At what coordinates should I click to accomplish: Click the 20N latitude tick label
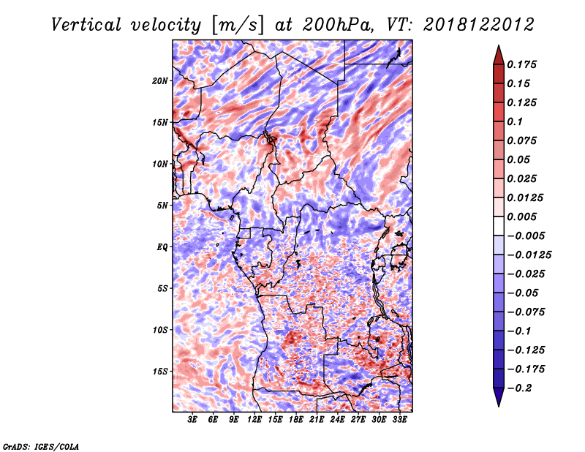pyautogui.click(x=160, y=81)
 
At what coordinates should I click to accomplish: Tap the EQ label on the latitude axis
pyautogui.click(x=162, y=247)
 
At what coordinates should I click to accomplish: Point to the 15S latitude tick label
pyautogui.click(x=160, y=372)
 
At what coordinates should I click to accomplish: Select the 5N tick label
pyautogui.click(x=162, y=206)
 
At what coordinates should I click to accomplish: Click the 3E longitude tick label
pyautogui.click(x=192, y=420)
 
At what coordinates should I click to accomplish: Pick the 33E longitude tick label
pyautogui.click(x=399, y=420)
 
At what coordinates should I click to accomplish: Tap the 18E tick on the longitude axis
pyautogui.click(x=296, y=420)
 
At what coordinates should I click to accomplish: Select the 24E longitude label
pyautogui.click(x=337, y=420)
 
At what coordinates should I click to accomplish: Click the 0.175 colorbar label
pyautogui.click(x=521, y=64)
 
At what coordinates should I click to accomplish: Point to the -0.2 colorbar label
pyautogui.click(x=519, y=388)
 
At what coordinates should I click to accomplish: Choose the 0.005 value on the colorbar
pyautogui.click(x=521, y=216)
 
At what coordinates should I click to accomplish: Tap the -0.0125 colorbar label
pyautogui.click(x=529, y=255)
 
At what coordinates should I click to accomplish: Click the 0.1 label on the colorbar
pyautogui.click(x=515, y=121)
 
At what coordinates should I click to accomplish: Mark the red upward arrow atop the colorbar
pyautogui.click(x=499, y=55)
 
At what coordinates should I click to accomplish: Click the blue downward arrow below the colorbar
pyautogui.click(x=499, y=397)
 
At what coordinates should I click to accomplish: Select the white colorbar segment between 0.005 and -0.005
pyautogui.click(x=499, y=226)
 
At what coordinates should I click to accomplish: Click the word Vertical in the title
pyautogui.click(x=86, y=25)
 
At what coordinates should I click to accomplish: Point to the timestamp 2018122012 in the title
pyautogui.click(x=479, y=25)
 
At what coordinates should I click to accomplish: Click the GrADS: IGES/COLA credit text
pyautogui.click(x=41, y=447)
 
